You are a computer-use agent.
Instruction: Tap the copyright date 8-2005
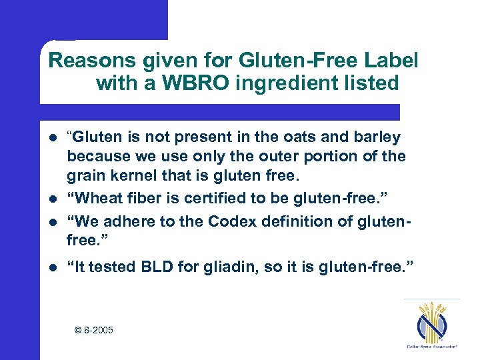[93, 329]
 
